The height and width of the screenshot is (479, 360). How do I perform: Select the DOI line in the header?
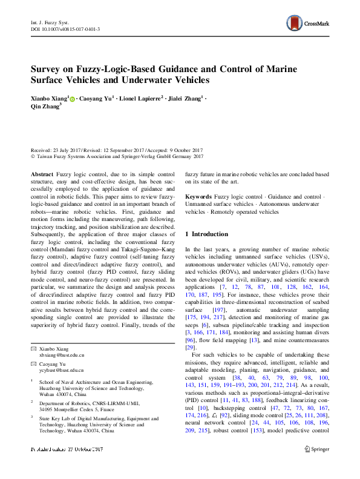coord(65,29)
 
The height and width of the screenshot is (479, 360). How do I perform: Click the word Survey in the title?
coord(48,68)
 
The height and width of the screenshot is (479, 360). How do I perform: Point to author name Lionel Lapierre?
coord(140,97)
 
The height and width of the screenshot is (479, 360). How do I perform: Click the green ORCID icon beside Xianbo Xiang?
coord(73,98)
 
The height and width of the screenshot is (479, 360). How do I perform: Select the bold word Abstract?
coord(42,173)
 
